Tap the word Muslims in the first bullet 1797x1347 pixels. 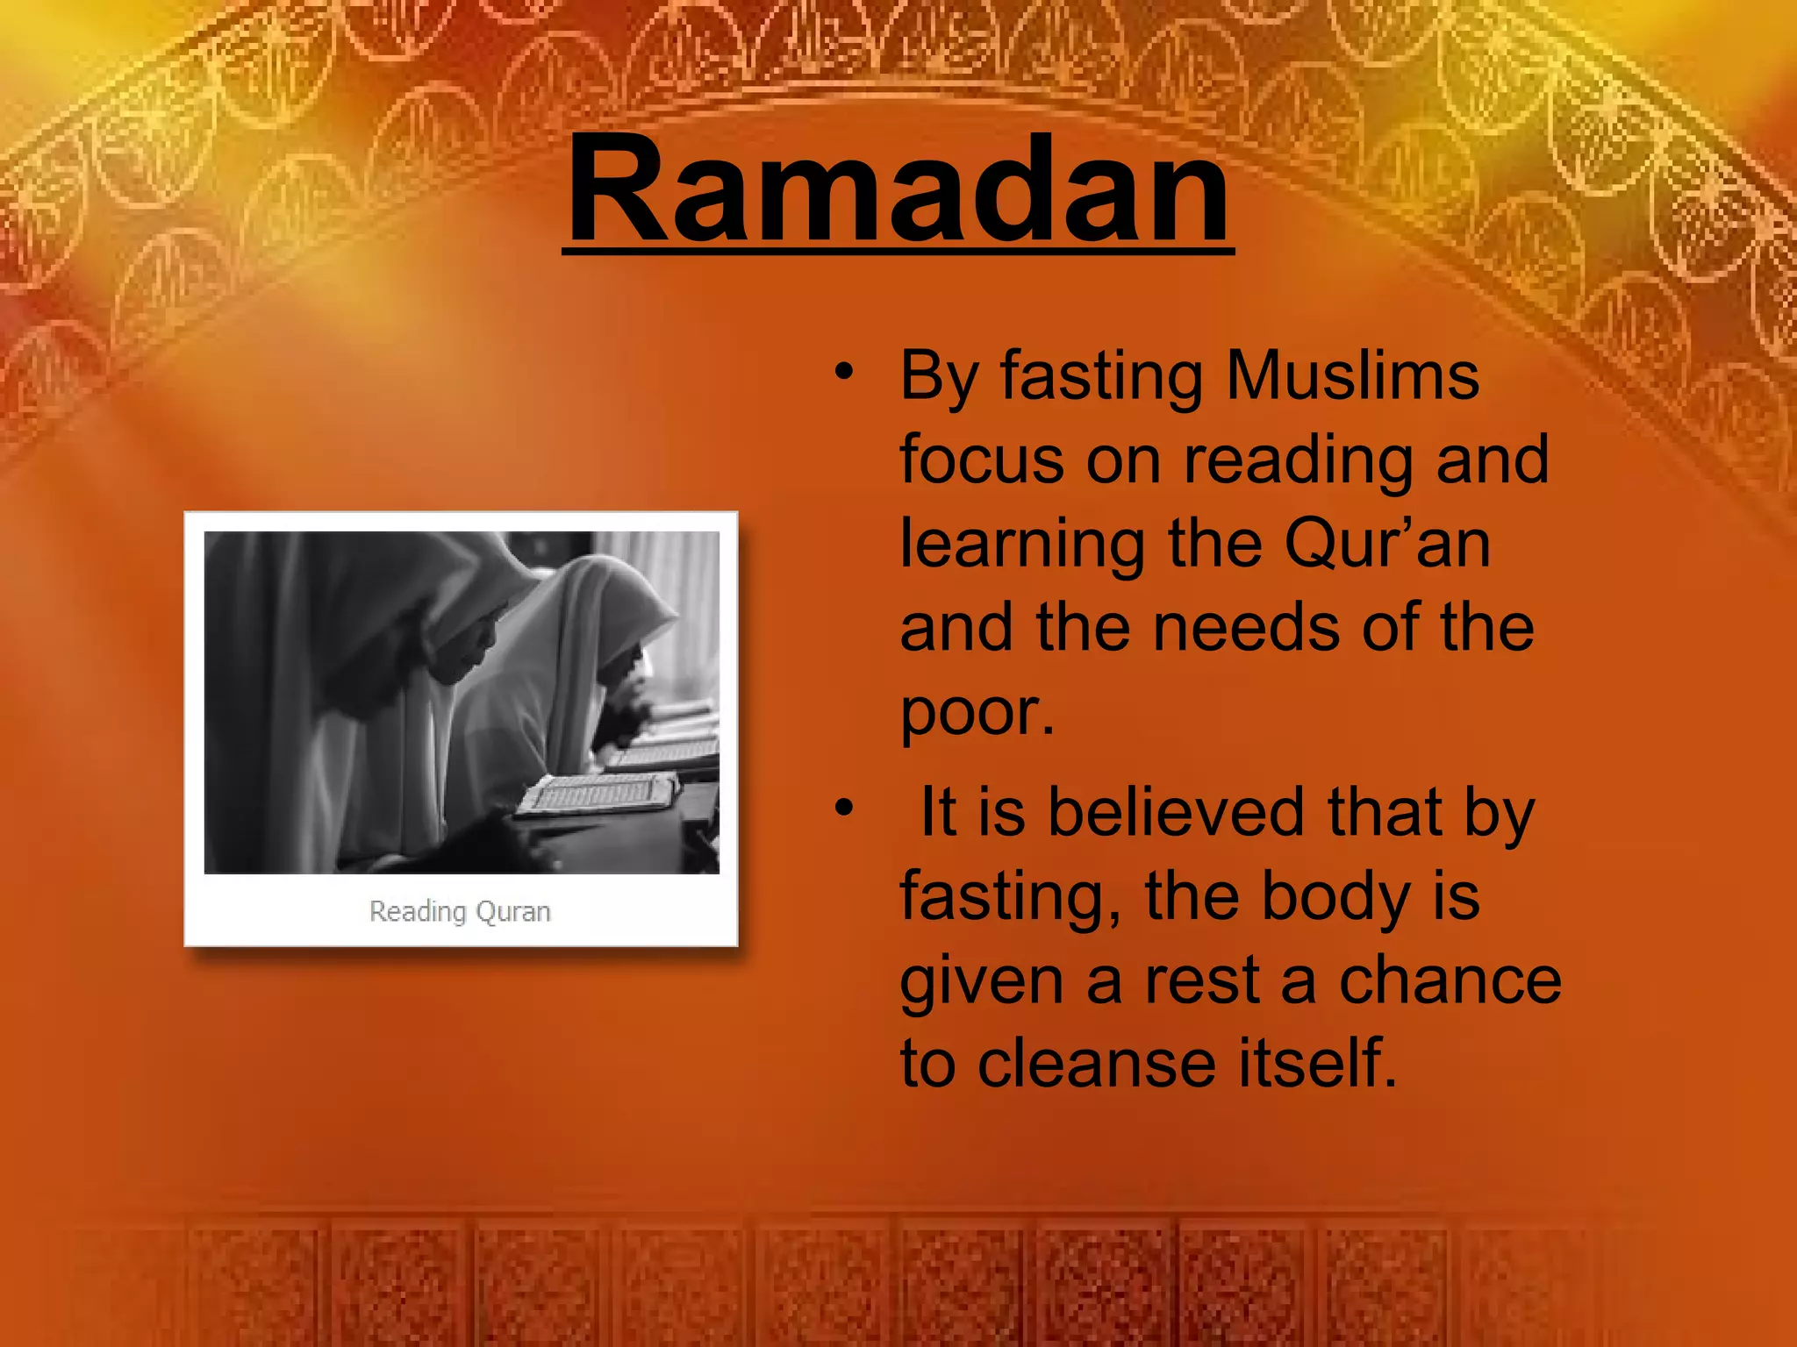[1352, 375]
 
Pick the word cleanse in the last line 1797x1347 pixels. [1097, 1063]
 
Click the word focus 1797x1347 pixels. [982, 460]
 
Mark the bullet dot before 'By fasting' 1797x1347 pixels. [844, 372]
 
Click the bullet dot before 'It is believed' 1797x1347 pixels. [844, 808]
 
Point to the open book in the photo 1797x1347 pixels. [597, 793]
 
